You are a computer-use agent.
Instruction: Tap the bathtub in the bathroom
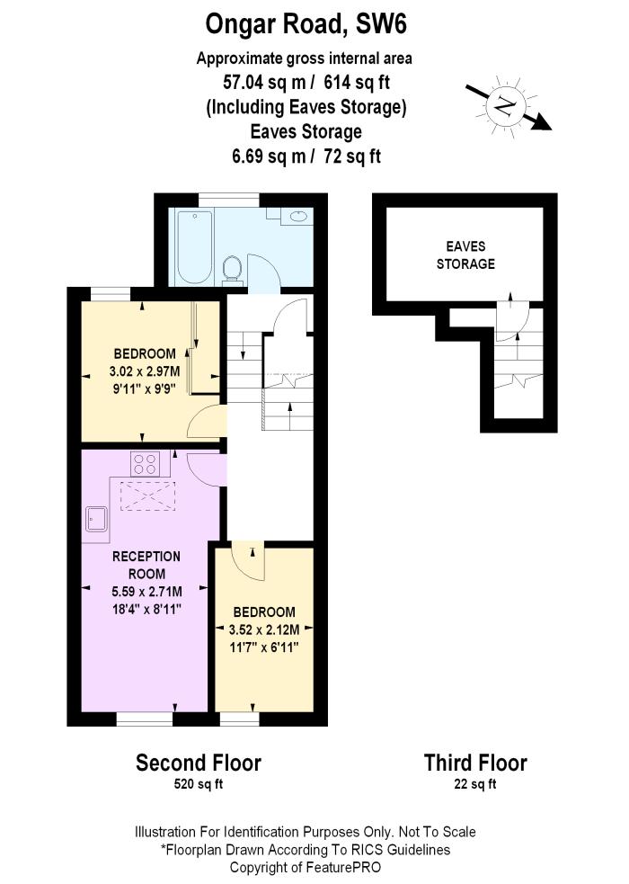point(194,246)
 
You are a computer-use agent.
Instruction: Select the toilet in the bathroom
point(232,267)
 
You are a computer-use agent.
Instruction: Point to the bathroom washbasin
point(297,217)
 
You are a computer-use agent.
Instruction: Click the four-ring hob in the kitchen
point(145,464)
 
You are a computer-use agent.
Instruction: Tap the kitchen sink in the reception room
point(96,520)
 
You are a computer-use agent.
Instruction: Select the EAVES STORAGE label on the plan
point(465,254)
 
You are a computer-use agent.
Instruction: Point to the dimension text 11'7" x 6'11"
point(263,646)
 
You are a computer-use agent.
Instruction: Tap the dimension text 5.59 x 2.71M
point(146,591)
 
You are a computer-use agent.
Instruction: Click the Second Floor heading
point(198,763)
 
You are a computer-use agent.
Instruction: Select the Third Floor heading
point(475,763)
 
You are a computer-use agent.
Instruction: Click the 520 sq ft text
point(198,784)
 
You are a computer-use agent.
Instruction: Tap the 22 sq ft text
point(475,784)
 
